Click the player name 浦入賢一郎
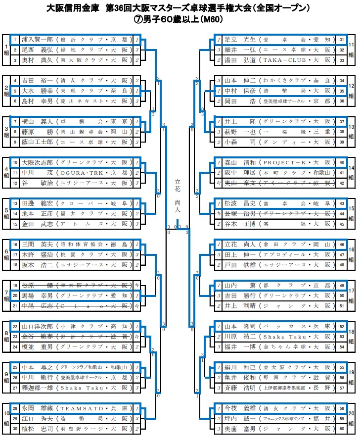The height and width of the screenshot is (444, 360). point(38,40)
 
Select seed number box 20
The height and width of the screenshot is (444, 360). point(15,296)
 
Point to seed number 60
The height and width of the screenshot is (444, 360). point(342,428)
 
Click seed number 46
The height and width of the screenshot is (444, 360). point(342,245)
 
